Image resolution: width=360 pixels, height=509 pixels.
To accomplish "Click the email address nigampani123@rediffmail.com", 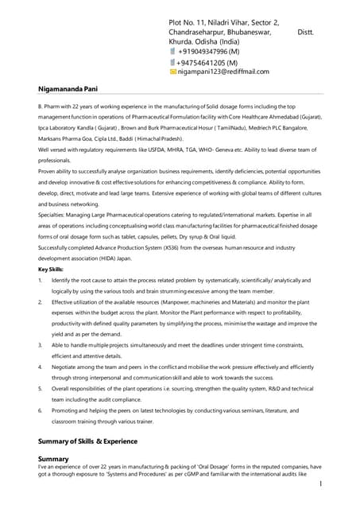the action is (223, 72).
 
